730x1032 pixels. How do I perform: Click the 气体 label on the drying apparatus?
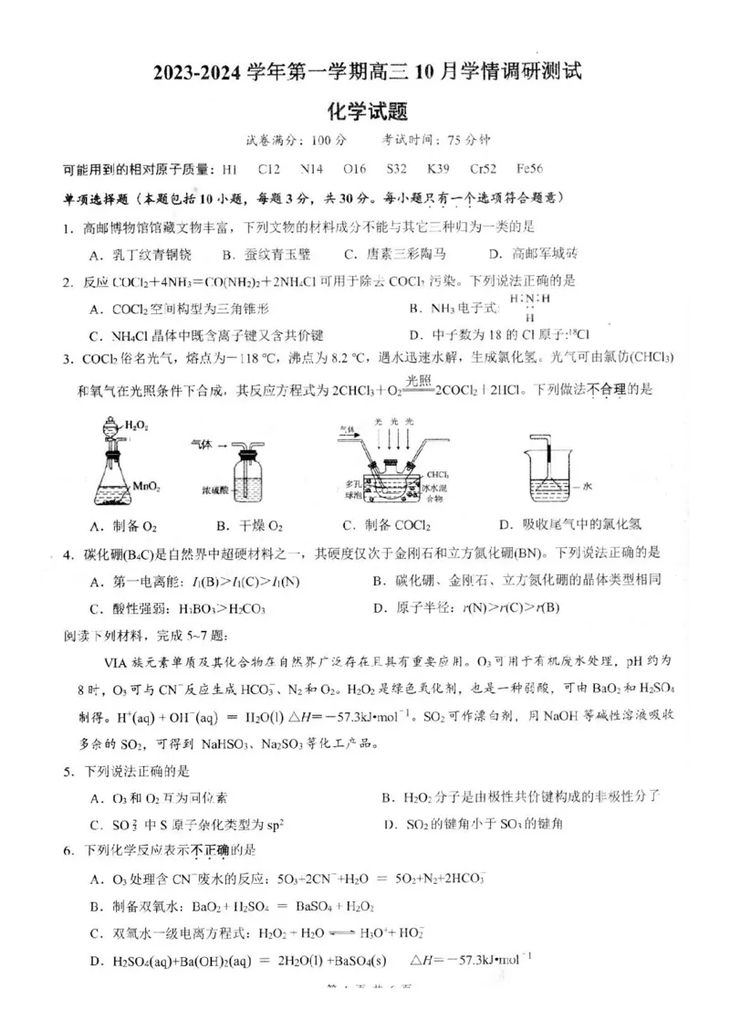202,445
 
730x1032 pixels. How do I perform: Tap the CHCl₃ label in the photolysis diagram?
436,475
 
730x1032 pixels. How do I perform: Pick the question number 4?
67,553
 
